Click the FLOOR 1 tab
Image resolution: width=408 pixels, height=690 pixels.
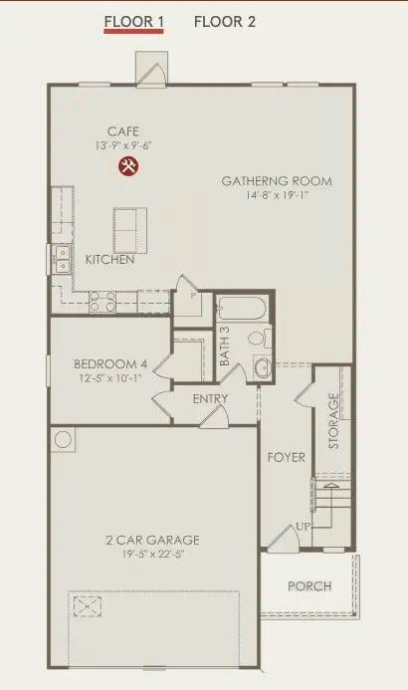click(134, 20)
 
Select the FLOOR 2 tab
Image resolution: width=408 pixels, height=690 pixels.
click(224, 20)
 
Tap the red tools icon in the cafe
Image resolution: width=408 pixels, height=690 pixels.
click(128, 165)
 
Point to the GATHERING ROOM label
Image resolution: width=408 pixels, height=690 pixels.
click(277, 181)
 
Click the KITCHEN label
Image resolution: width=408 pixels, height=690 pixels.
click(109, 259)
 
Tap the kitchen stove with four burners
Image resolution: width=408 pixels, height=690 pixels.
click(102, 301)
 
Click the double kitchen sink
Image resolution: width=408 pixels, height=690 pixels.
click(63, 259)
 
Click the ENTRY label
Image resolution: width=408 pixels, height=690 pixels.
click(211, 399)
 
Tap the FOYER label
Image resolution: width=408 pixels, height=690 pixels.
click(287, 457)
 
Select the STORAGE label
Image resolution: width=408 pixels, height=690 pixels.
click(334, 420)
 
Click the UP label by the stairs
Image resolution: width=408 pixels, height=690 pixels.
click(301, 526)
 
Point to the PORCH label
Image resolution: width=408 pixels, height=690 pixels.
click(309, 585)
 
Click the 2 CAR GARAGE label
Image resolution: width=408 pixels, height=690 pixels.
click(153, 540)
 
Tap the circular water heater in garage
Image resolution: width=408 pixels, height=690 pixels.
click(65, 439)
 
